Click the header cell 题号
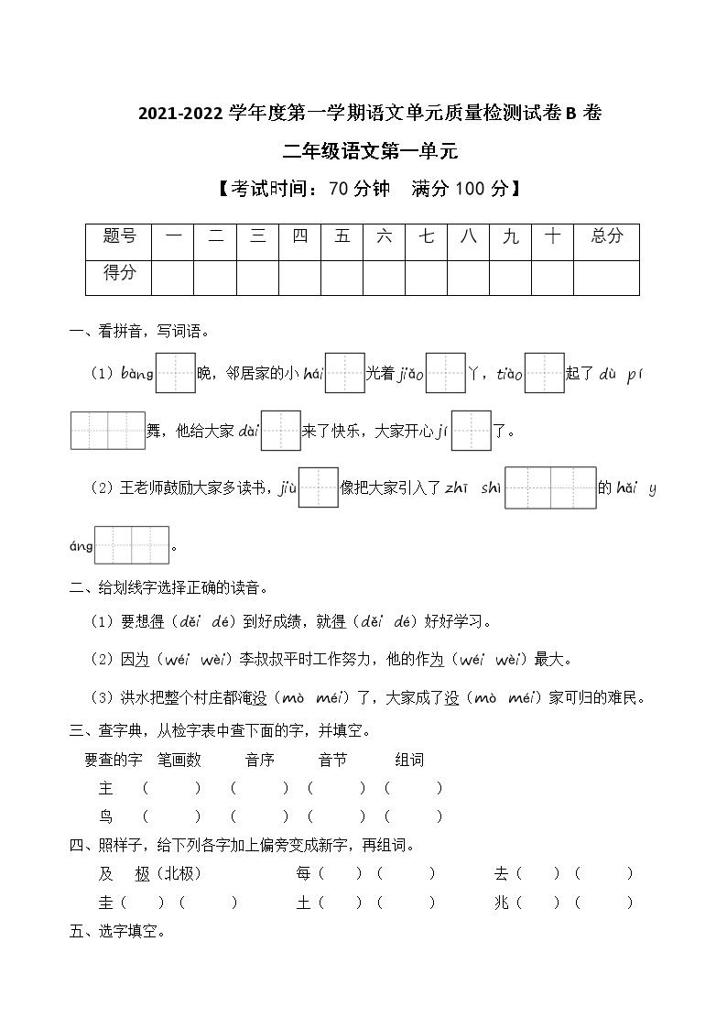119,236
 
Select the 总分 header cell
606,236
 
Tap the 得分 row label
119,272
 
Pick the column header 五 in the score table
342,236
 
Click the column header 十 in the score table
552,236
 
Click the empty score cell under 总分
606,277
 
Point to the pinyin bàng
136,374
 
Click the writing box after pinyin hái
345,373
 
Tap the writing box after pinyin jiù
320,487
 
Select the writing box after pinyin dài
281,430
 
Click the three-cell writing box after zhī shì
549,487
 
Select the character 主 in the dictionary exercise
106,788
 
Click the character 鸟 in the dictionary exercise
106,816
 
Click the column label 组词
409,760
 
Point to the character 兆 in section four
501,903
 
